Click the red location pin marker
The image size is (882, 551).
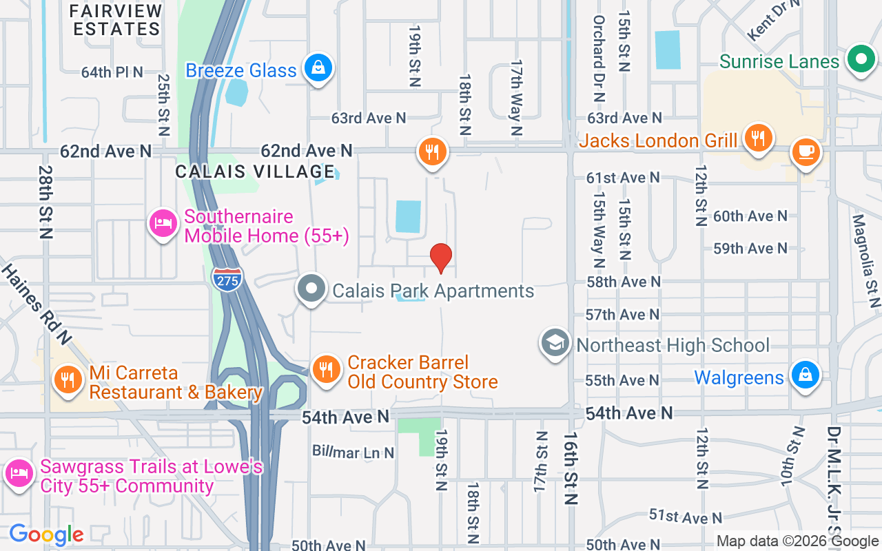point(441,258)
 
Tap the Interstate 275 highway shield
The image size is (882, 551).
point(227,277)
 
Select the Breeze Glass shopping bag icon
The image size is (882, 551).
point(318,68)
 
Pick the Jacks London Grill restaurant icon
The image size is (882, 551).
point(757,138)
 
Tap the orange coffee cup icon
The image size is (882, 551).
point(806,151)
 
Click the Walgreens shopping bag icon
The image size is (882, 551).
point(805,375)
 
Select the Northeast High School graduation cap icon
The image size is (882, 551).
point(555,342)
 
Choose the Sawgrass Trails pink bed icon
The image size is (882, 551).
point(19,474)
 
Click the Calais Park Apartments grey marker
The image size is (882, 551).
point(311,289)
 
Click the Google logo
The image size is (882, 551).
point(46,534)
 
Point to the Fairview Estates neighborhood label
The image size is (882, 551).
point(116,20)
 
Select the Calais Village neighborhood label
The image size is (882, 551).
point(255,171)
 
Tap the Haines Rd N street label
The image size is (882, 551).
point(37,303)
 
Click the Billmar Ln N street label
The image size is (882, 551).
point(353,453)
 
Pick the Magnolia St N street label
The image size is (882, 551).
point(866,260)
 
